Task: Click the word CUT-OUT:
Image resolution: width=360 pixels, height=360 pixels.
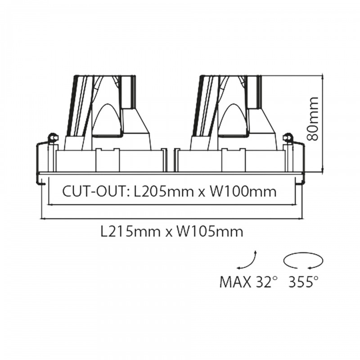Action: (x=96, y=192)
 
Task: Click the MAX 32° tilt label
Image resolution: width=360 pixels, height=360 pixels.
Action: (x=247, y=282)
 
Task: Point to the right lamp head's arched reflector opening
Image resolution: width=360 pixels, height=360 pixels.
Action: (x=233, y=119)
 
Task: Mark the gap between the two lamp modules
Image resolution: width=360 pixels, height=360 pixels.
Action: (x=171, y=160)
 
